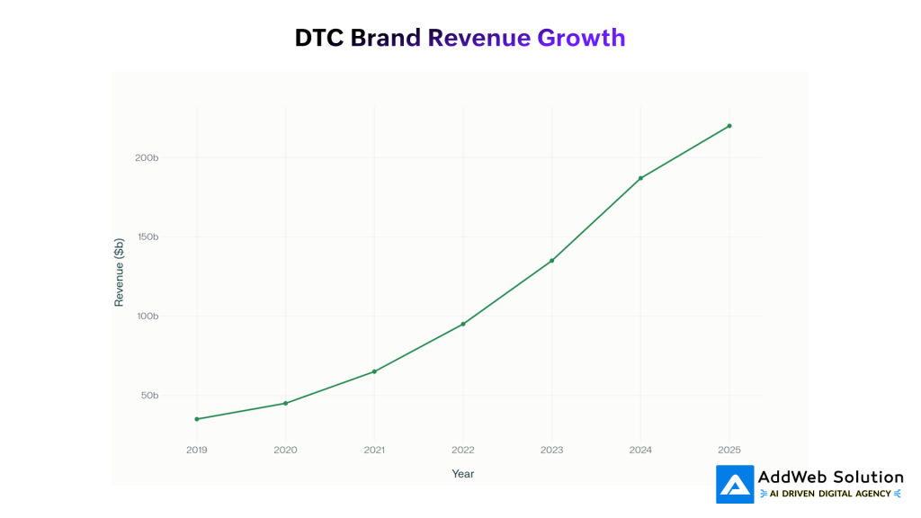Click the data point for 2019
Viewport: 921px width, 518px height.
pyautogui.click(x=197, y=419)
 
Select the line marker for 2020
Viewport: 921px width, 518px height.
pyautogui.click(x=286, y=403)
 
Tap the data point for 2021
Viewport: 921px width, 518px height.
pyautogui.click(x=374, y=371)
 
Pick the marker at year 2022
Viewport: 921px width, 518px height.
pyautogui.click(x=463, y=324)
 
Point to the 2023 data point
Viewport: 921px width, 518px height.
pyautogui.click(x=551, y=261)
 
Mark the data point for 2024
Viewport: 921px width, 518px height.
pyautogui.click(x=640, y=178)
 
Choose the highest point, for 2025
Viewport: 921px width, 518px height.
pyautogui.click(x=729, y=126)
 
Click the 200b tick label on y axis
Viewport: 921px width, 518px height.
pyautogui.click(x=148, y=158)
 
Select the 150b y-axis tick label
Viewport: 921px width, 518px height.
pyautogui.click(x=148, y=237)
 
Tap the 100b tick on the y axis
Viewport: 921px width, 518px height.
pyautogui.click(x=148, y=317)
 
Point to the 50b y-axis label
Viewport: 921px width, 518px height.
pyautogui.click(x=149, y=396)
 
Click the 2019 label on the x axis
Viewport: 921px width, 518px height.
pyautogui.click(x=197, y=450)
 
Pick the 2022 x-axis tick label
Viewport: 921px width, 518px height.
pyautogui.click(x=463, y=450)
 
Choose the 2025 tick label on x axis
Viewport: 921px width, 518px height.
pyautogui.click(x=729, y=450)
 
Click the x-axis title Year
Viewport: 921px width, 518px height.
pyautogui.click(x=463, y=474)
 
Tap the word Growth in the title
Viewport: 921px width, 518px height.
pyautogui.click(x=581, y=38)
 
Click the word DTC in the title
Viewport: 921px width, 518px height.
pyautogui.click(x=319, y=38)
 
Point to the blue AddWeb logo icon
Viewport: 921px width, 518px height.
pyautogui.click(x=735, y=484)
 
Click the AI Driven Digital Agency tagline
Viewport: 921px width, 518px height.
pyautogui.click(x=831, y=494)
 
